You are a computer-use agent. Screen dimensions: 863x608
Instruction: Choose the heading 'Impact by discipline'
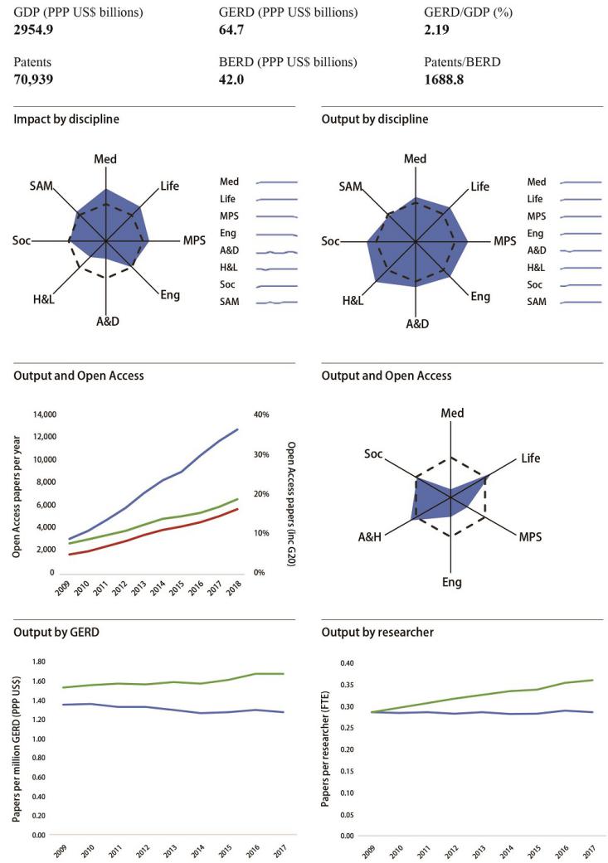coord(66,119)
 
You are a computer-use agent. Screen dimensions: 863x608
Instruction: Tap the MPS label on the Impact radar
coord(193,241)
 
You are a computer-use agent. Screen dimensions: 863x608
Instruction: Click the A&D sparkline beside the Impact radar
coord(277,251)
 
